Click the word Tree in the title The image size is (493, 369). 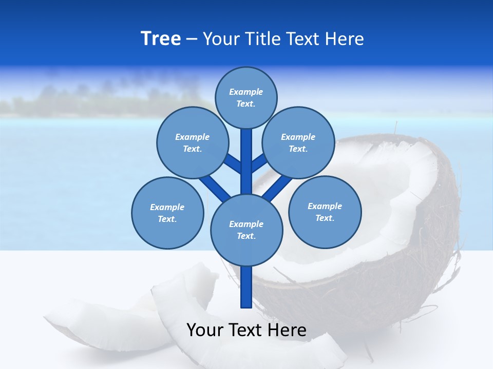tap(161, 38)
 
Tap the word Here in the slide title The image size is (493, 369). tap(344, 39)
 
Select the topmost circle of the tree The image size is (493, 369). tap(246, 97)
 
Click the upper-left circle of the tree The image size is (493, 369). tap(192, 142)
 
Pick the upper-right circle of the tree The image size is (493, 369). tap(298, 142)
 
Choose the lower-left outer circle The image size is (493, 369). tap(167, 213)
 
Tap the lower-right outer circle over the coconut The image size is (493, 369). tap(325, 212)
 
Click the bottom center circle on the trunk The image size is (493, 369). tap(246, 230)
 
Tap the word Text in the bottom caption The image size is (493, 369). tap(245, 330)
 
